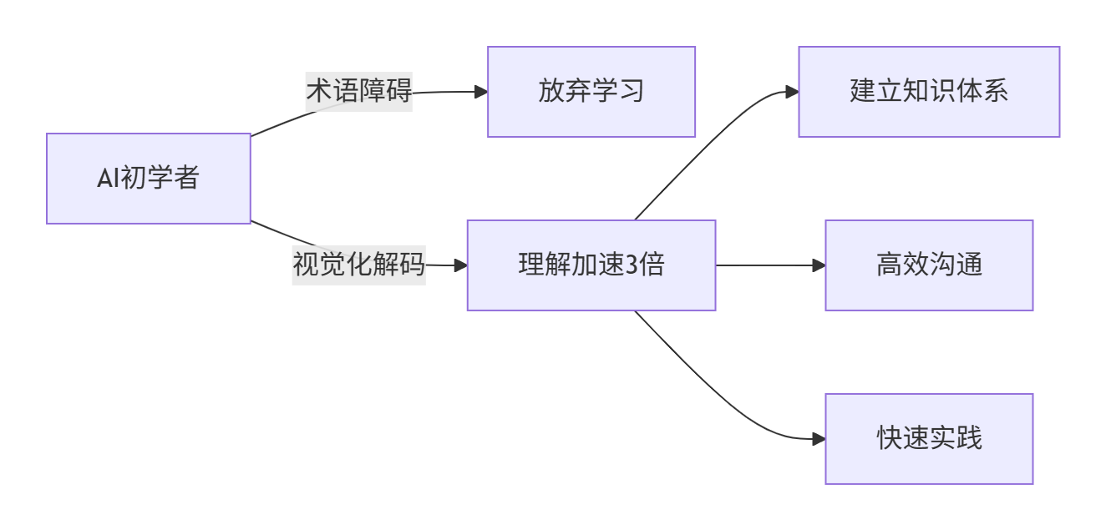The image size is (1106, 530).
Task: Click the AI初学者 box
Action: (149, 179)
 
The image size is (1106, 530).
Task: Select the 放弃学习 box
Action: (591, 92)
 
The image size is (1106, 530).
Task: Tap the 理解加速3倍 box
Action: (591, 265)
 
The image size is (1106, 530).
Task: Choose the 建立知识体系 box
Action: (929, 92)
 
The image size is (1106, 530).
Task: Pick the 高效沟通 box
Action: (929, 265)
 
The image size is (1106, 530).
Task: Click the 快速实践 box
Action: (929, 439)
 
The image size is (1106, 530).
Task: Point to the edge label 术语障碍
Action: (359, 91)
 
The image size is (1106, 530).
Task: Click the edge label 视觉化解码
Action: (359, 265)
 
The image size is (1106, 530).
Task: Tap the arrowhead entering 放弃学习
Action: (481, 92)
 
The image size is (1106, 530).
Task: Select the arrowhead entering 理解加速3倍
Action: (460, 265)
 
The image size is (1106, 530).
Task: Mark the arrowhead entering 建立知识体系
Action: (792, 92)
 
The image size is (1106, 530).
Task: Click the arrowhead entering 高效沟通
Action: (819, 265)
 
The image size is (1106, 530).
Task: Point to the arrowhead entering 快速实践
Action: (819, 439)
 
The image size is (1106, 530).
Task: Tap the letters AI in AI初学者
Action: (109, 179)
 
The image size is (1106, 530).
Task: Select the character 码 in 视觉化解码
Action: (413, 265)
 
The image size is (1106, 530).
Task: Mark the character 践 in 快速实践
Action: (969, 439)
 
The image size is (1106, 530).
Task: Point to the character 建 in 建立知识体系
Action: (863, 92)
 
